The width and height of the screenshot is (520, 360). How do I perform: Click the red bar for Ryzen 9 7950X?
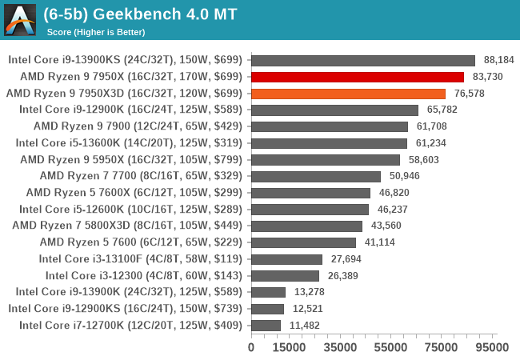coord(357,77)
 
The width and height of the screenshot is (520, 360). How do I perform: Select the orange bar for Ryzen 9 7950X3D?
coord(348,94)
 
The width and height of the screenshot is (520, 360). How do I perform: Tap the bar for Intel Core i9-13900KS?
coord(363,60)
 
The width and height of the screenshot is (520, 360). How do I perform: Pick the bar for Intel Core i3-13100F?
coord(286,259)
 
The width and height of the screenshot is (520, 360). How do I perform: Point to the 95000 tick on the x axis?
coord(491,347)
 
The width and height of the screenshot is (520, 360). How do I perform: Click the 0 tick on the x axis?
coord(251,347)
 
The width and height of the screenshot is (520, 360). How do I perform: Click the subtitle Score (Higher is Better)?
coord(96,32)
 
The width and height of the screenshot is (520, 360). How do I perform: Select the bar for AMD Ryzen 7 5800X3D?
coord(306,226)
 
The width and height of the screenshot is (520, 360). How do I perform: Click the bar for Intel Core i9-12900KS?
coord(267,309)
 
